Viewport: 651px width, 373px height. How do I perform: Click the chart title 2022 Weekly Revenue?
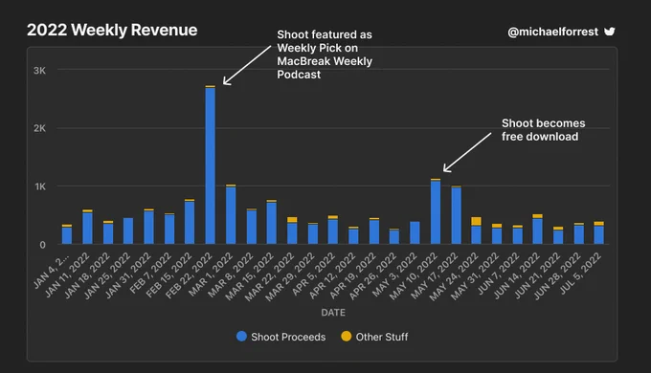[112, 30]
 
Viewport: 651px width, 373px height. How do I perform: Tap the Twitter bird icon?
[610, 32]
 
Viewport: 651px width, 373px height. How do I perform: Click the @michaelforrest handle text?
[553, 32]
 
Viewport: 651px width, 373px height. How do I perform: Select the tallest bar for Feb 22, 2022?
[210, 165]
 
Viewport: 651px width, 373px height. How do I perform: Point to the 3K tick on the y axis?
[40, 71]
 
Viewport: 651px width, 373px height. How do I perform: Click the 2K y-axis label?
[40, 128]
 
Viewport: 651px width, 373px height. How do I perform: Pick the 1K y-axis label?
[40, 186]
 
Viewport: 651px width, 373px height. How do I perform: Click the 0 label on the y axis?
[42, 245]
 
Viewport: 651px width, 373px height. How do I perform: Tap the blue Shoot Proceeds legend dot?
[241, 336]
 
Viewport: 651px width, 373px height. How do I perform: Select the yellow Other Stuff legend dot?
[347, 336]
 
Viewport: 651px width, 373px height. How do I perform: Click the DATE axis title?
[333, 313]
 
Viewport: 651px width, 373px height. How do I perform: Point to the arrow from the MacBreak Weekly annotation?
[247, 65]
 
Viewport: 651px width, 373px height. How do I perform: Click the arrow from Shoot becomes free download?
[467, 152]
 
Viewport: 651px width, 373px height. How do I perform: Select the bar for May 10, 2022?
[436, 211]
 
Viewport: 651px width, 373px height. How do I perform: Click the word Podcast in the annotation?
[299, 75]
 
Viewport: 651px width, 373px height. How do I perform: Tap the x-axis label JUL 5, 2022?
[581, 273]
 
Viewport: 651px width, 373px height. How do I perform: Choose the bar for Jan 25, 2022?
[128, 230]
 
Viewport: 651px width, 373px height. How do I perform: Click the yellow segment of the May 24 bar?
[476, 221]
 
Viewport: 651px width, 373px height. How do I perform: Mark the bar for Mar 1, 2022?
[231, 214]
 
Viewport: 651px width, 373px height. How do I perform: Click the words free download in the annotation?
[540, 137]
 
